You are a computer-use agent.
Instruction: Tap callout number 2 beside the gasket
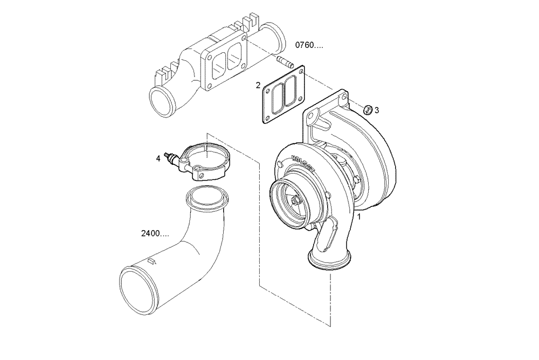coord(258,85)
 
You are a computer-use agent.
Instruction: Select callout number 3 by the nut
coord(377,110)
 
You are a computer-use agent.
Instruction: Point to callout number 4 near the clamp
coord(158,158)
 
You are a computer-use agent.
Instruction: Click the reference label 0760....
coord(309,45)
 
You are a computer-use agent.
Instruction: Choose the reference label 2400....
coord(154,234)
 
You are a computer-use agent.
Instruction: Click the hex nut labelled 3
coord(366,109)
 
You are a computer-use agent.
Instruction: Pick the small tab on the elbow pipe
coord(151,261)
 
